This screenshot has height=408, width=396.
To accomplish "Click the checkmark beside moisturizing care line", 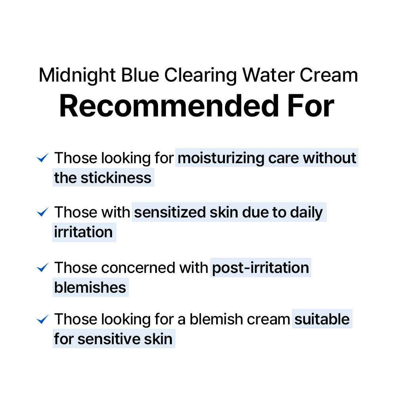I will [x=42, y=158].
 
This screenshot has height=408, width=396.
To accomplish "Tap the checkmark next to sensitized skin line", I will [x=42, y=213].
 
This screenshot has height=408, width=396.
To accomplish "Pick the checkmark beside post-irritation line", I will [x=42, y=268].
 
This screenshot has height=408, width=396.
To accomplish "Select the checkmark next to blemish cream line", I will [x=42, y=319].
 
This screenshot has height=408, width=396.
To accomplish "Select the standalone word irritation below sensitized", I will [x=84, y=232].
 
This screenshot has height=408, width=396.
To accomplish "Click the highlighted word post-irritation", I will [x=261, y=268].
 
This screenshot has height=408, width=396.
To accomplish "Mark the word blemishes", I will [x=90, y=288].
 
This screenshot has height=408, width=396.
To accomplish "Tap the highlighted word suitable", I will [x=322, y=319].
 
